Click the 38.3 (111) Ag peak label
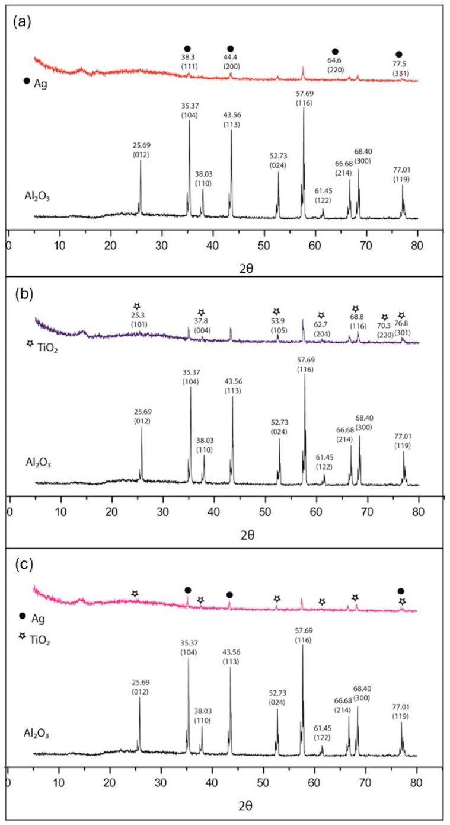[188, 63]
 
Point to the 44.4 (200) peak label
[231, 63]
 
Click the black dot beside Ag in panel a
[27, 81]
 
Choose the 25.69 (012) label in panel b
[142, 416]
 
